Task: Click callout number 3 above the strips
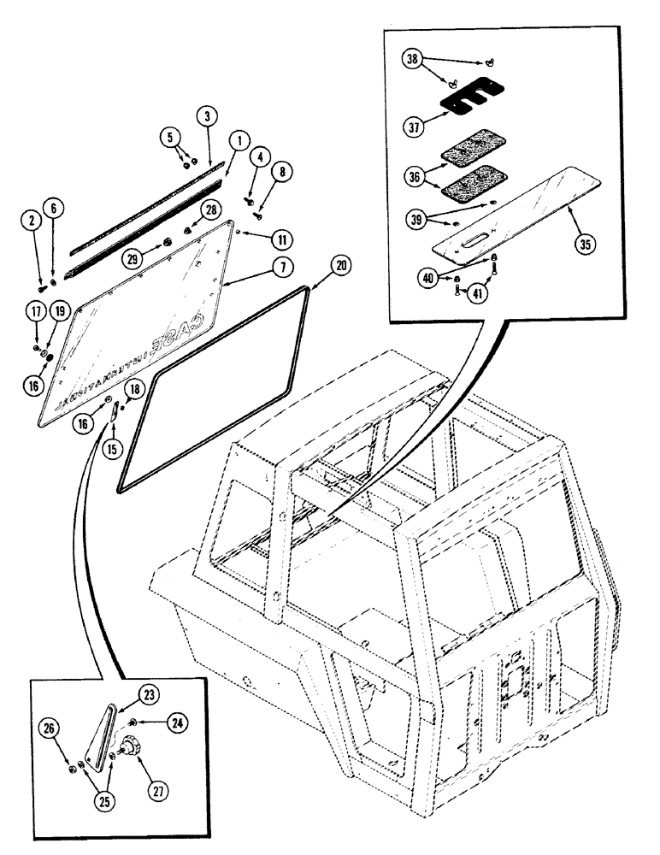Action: click(205, 115)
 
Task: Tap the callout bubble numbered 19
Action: click(60, 309)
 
